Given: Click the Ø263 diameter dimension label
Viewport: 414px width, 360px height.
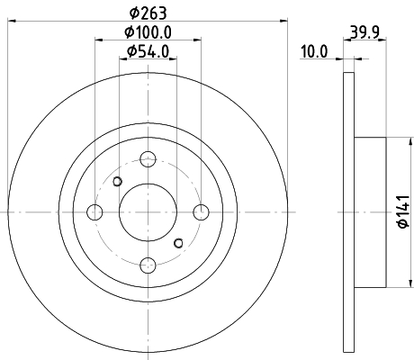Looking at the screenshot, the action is point(148,13).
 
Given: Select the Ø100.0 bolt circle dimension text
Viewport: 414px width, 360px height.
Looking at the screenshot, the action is point(148,32).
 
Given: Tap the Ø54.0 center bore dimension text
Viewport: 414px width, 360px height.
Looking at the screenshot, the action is point(148,51).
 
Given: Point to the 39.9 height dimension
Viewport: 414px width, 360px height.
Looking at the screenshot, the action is point(364,31).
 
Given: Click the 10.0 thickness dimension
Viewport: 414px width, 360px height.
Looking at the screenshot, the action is point(314,51).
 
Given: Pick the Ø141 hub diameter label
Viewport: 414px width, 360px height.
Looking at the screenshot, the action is point(403,211).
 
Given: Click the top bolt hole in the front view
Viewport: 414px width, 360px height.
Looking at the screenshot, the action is point(148,159).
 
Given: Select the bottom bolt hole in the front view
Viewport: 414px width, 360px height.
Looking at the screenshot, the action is point(148,265).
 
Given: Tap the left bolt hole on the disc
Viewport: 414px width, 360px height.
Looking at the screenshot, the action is point(94,212).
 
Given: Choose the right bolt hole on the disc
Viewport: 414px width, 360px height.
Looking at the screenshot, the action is point(201,212).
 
